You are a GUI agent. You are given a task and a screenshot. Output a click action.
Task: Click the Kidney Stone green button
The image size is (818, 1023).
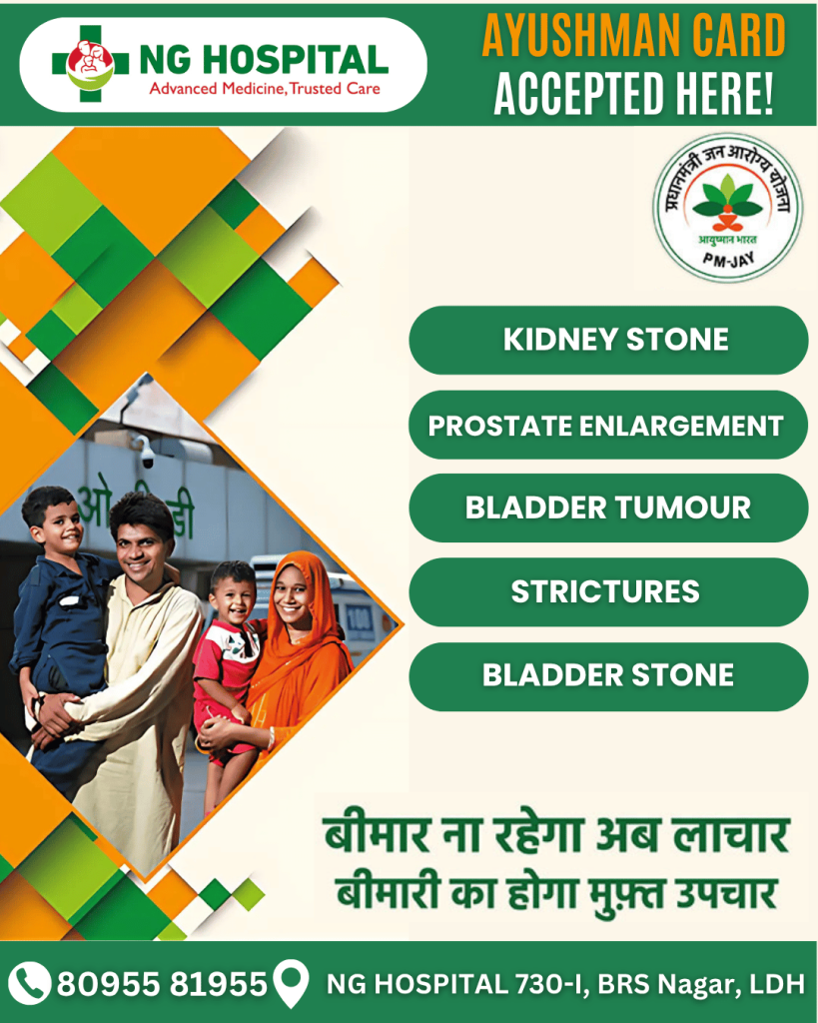(x=608, y=340)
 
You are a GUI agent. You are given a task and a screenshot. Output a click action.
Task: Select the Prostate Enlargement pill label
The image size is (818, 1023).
(x=608, y=426)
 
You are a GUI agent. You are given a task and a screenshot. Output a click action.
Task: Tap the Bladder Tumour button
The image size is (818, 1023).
(x=608, y=509)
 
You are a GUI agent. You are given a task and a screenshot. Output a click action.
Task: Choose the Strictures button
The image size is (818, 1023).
(x=608, y=591)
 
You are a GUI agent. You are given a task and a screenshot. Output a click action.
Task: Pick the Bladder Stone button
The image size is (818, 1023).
(x=608, y=676)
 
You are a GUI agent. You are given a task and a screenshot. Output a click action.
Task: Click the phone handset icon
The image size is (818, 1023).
(x=29, y=983)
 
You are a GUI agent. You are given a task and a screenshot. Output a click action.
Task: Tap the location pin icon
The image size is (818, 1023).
(x=291, y=983)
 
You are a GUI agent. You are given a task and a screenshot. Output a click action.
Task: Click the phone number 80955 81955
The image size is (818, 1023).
(x=163, y=984)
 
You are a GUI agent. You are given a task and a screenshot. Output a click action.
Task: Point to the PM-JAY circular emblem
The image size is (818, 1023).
(x=728, y=208)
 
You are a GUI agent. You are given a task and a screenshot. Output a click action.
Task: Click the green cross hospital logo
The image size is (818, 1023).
(x=90, y=63)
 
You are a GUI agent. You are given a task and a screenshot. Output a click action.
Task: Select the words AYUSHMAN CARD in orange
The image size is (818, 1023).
(x=634, y=37)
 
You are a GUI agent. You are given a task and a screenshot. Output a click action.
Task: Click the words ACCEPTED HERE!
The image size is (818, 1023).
(x=634, y=92)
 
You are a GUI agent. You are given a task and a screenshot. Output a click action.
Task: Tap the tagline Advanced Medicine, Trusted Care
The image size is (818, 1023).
(x=265, y=89)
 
